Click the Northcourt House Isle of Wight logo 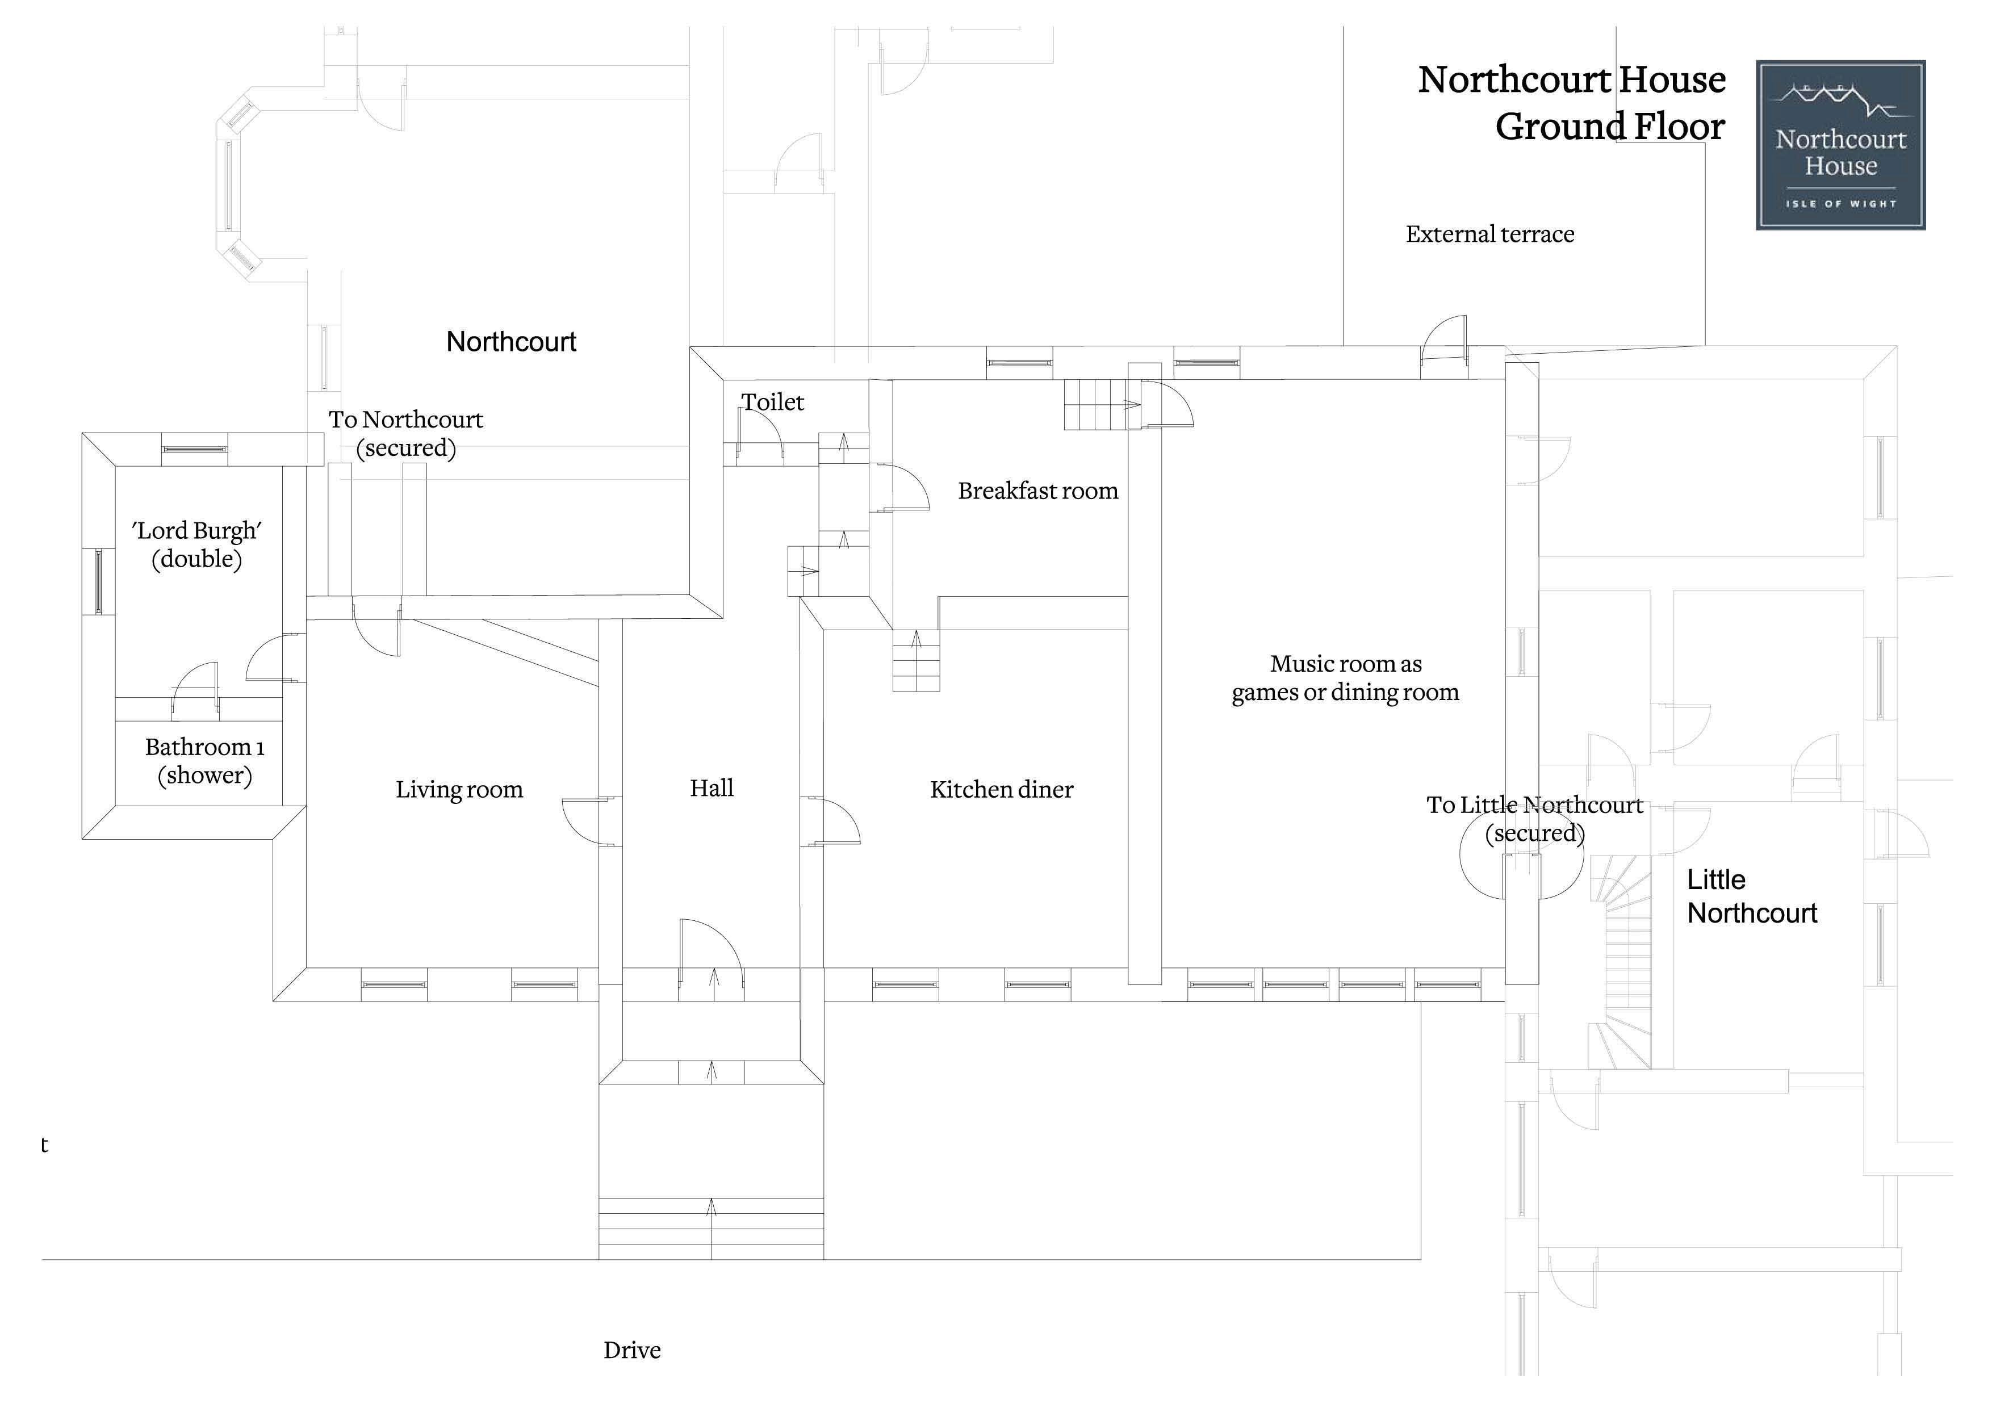tap(1840, 145)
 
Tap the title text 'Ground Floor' tap(1610, 127)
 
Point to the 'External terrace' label tap(1489, 234)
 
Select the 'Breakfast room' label tap(1037, 491)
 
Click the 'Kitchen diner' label tap(1001, 790)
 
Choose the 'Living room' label tap(459, 790)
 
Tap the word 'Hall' tap(712, 787)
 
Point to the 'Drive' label tap(631, 1350)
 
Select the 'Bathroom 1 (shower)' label tap(205, 761)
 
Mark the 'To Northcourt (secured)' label tap(406, 434)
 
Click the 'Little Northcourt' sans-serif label tap(1752, 896)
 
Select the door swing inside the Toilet tap(761, 431)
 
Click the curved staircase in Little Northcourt tap(1621, 961)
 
